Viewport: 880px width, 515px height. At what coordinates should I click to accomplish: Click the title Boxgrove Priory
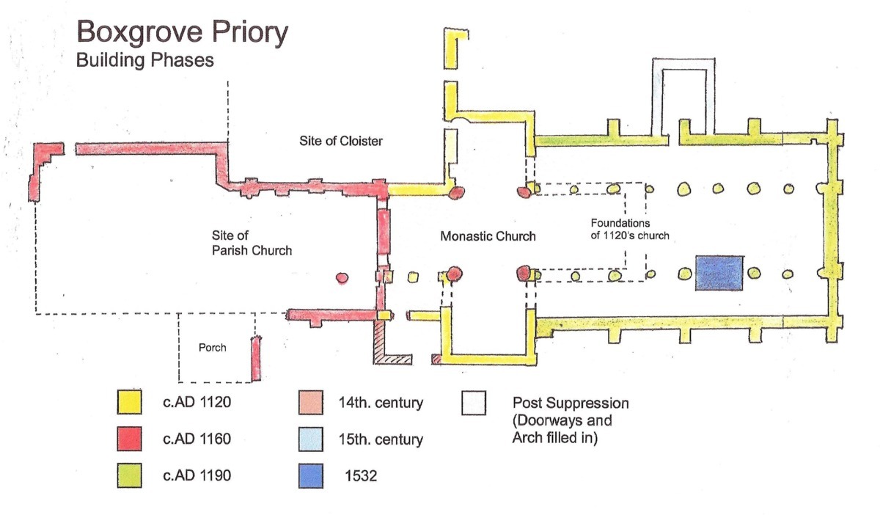point(183,33)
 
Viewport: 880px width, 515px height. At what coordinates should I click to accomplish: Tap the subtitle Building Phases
point(145,61)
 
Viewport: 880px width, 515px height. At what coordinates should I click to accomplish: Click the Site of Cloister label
point(341,141)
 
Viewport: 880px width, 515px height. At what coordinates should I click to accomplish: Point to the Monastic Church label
point(488,236)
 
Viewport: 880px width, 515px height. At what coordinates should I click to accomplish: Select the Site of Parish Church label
point(252,243)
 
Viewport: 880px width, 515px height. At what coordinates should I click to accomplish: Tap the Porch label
point(212,348)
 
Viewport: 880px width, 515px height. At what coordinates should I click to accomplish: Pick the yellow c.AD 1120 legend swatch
point(128,403)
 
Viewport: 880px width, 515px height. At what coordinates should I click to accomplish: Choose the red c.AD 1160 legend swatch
point(128,439)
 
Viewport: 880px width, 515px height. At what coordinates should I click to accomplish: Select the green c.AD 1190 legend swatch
point(128,475)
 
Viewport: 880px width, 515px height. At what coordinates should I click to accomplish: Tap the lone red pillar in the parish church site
point(341,278)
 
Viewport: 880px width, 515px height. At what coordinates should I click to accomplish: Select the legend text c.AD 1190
point(196,475)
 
